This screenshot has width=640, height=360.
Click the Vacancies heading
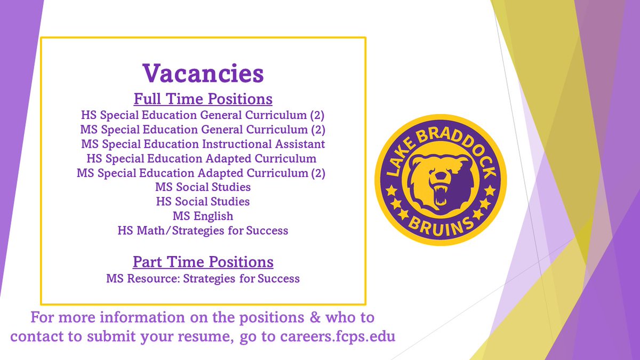[x=203, y=73]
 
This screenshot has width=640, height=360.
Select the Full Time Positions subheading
[x=203, y=99]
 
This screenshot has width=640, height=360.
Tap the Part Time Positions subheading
[x=203, y=262]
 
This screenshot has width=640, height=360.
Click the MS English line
[x=203, y=216]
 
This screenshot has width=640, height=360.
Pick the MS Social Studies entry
[x=203, y=187]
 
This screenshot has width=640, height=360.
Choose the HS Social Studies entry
[x=203, y=202]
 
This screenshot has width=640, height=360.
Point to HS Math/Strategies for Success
[x=203, y=230]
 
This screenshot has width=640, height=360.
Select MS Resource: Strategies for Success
[x=203, y=278]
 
